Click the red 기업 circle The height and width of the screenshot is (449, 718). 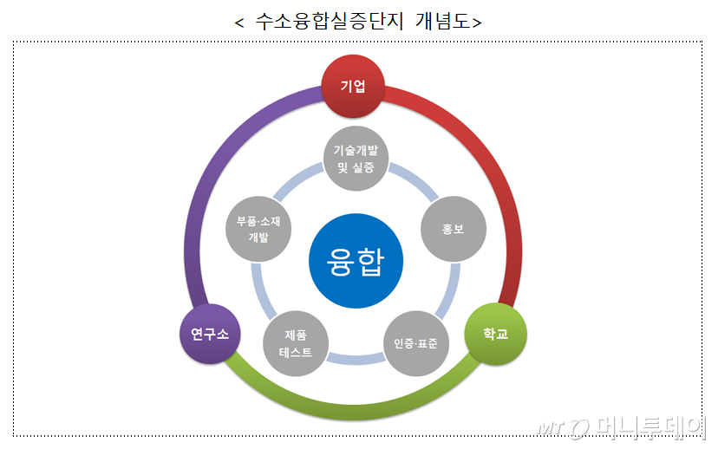click(352, 87)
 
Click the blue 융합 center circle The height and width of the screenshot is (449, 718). click(356, 260)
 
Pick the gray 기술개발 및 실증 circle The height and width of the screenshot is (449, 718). click(356, 157)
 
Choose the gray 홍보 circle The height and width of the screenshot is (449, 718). click(453, 231)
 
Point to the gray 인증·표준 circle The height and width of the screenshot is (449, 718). click(416, 342)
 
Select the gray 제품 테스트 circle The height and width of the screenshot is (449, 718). click(296, 342)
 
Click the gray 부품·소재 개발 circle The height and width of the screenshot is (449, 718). click(258, 231)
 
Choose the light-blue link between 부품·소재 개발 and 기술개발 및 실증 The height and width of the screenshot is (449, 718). click(299, 183)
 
